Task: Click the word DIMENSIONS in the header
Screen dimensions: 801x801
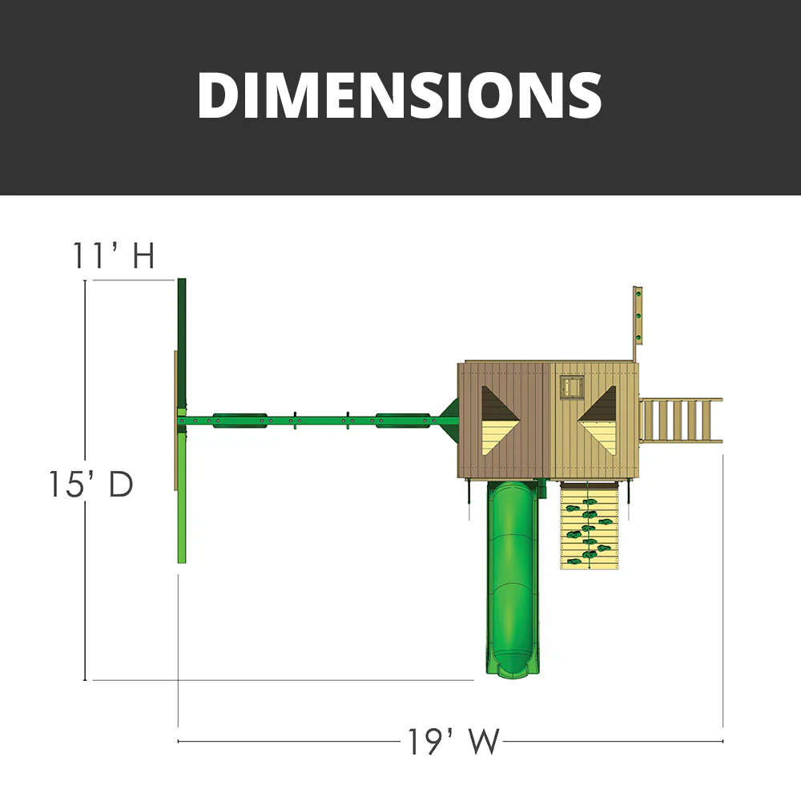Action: coord(399,95)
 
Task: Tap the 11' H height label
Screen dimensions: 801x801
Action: coord(113,256)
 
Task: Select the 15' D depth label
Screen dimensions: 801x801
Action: coord(89,485)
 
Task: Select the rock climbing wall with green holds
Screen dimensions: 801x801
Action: coord(590,527)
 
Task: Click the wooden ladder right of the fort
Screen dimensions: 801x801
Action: coord(679,420)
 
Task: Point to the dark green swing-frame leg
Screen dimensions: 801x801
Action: coord(182,344)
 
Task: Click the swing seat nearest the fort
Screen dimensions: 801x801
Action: coord(400,419)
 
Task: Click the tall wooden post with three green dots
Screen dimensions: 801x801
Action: coord(638,316)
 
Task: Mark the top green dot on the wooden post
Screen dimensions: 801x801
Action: coord(638,296)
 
